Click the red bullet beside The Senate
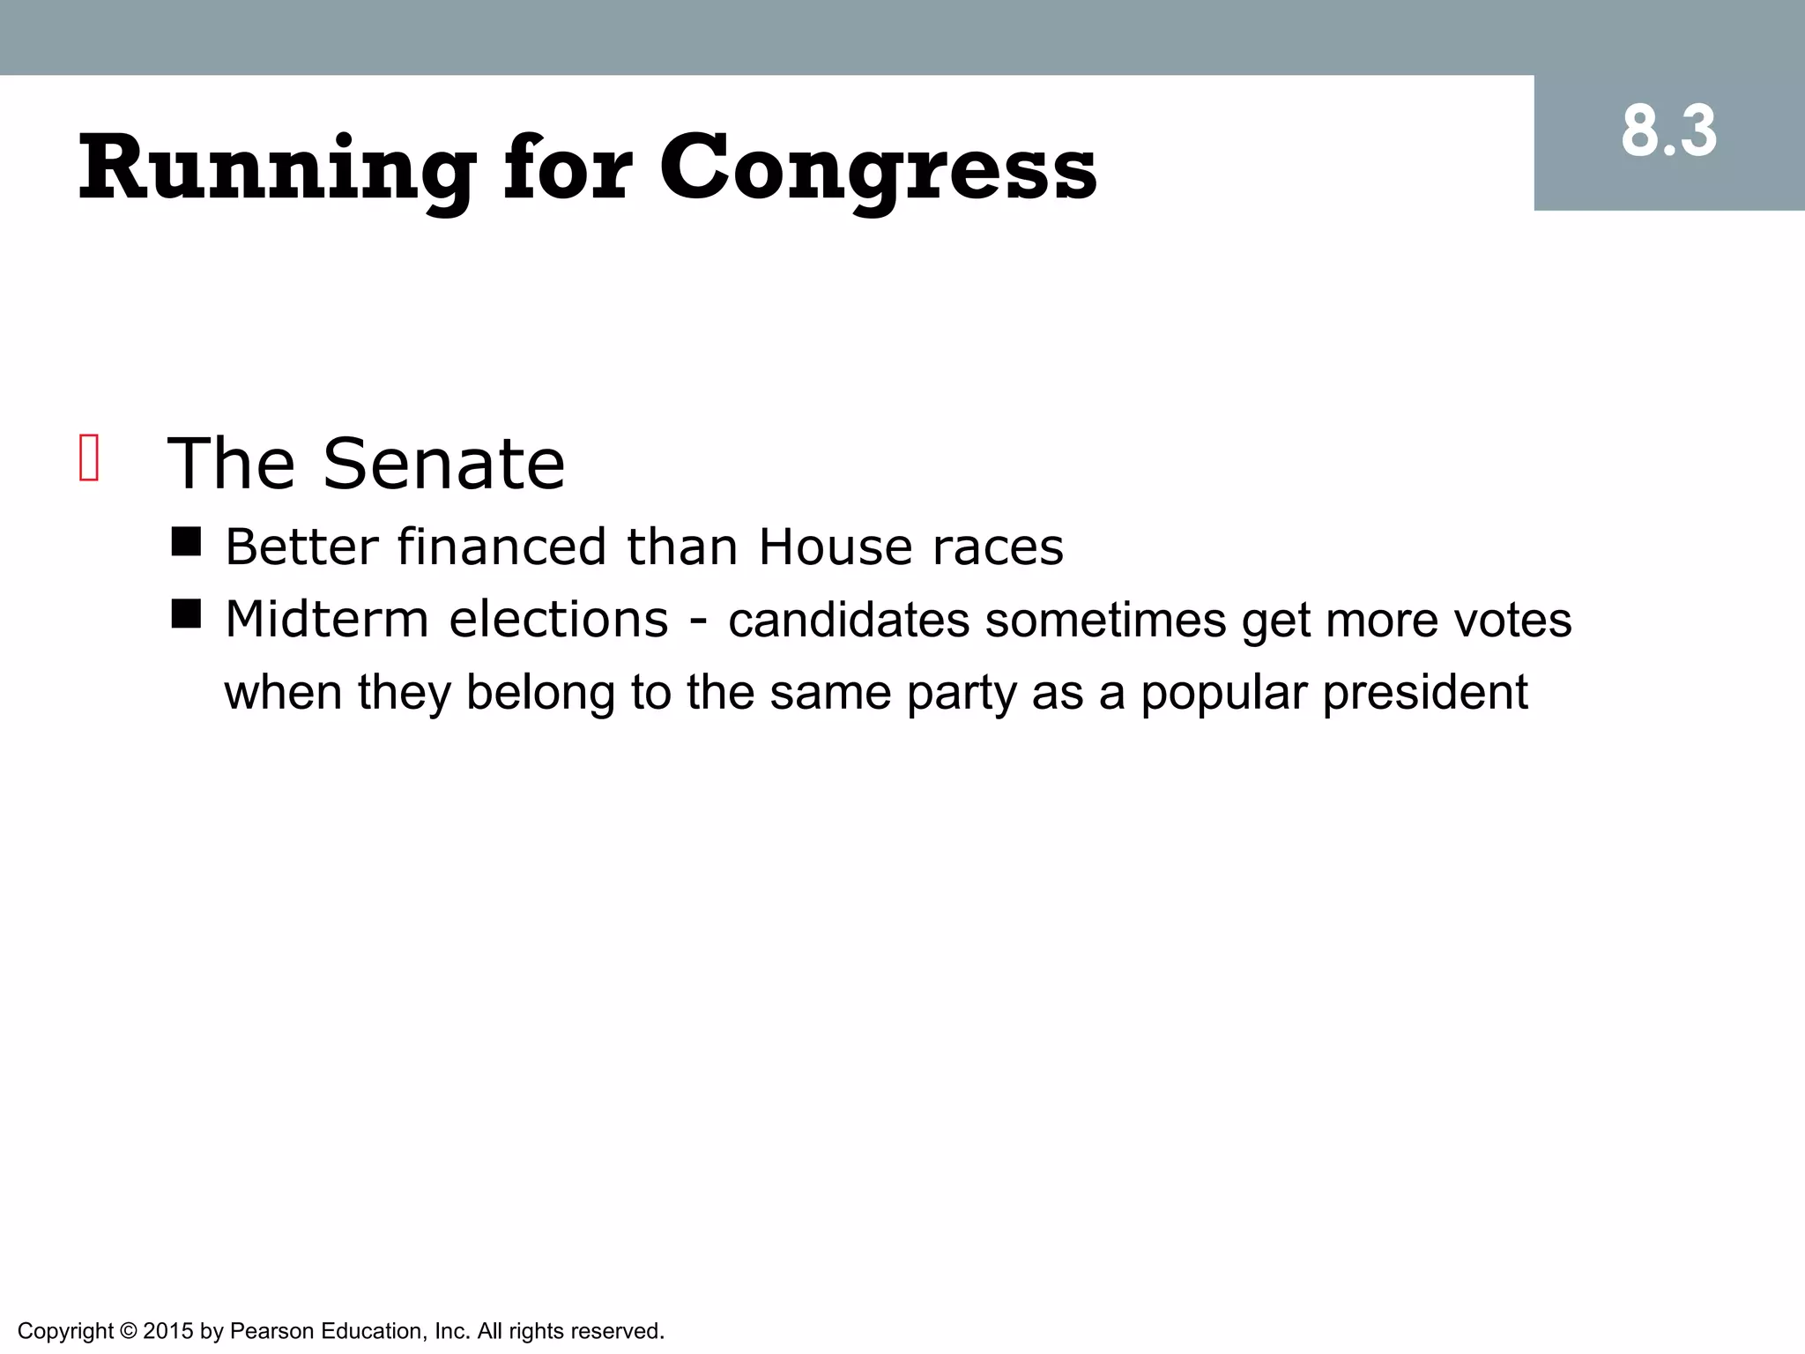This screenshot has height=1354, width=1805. pos(89,458)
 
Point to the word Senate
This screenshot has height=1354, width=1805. pos(443,464)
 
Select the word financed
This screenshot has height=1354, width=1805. pos(501,547)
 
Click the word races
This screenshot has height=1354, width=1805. pos(998,547)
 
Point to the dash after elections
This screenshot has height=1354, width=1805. pos(698,621)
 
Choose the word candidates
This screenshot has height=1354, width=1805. pos(849,620)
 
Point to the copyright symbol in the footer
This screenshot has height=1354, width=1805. pos(129,1331)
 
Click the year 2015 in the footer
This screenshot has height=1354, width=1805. pos(167,1331)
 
